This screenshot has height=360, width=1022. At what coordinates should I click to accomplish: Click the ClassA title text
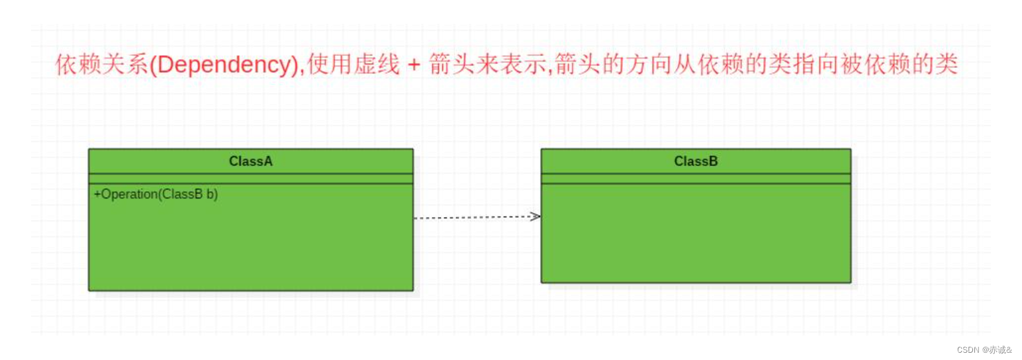[x=251, y=161]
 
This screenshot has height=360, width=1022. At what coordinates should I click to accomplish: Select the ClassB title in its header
[x=696, y=161]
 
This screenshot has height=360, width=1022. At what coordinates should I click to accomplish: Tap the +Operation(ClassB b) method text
[x=156, y=195]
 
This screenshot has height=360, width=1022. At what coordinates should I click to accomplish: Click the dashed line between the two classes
[x=473, y=217]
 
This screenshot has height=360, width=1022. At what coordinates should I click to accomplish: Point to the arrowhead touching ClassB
[x=535, y=216]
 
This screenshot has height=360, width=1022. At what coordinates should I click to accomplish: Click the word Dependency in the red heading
[x=224, y=66]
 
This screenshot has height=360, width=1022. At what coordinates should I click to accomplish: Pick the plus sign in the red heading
[x=414, y=66]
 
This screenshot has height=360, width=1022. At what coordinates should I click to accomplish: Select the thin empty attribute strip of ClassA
[x=251, y=179]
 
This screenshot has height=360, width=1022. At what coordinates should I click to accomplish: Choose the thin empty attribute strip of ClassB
[x=696, y=179]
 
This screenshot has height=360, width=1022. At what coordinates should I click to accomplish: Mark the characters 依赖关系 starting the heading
[x=102, y=66]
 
